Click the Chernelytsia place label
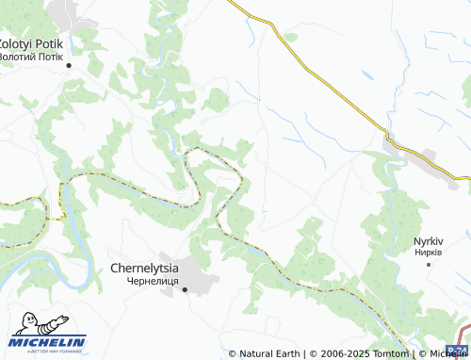(151, 268)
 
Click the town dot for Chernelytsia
(185, 289)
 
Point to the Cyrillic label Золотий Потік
(35, 56)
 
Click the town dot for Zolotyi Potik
(69, 65)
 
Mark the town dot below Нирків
(429, 264)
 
